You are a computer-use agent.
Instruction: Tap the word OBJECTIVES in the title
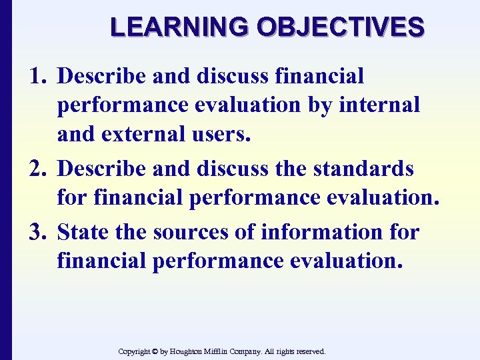click(340, 27)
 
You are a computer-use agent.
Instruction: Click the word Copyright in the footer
click(135, 351)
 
